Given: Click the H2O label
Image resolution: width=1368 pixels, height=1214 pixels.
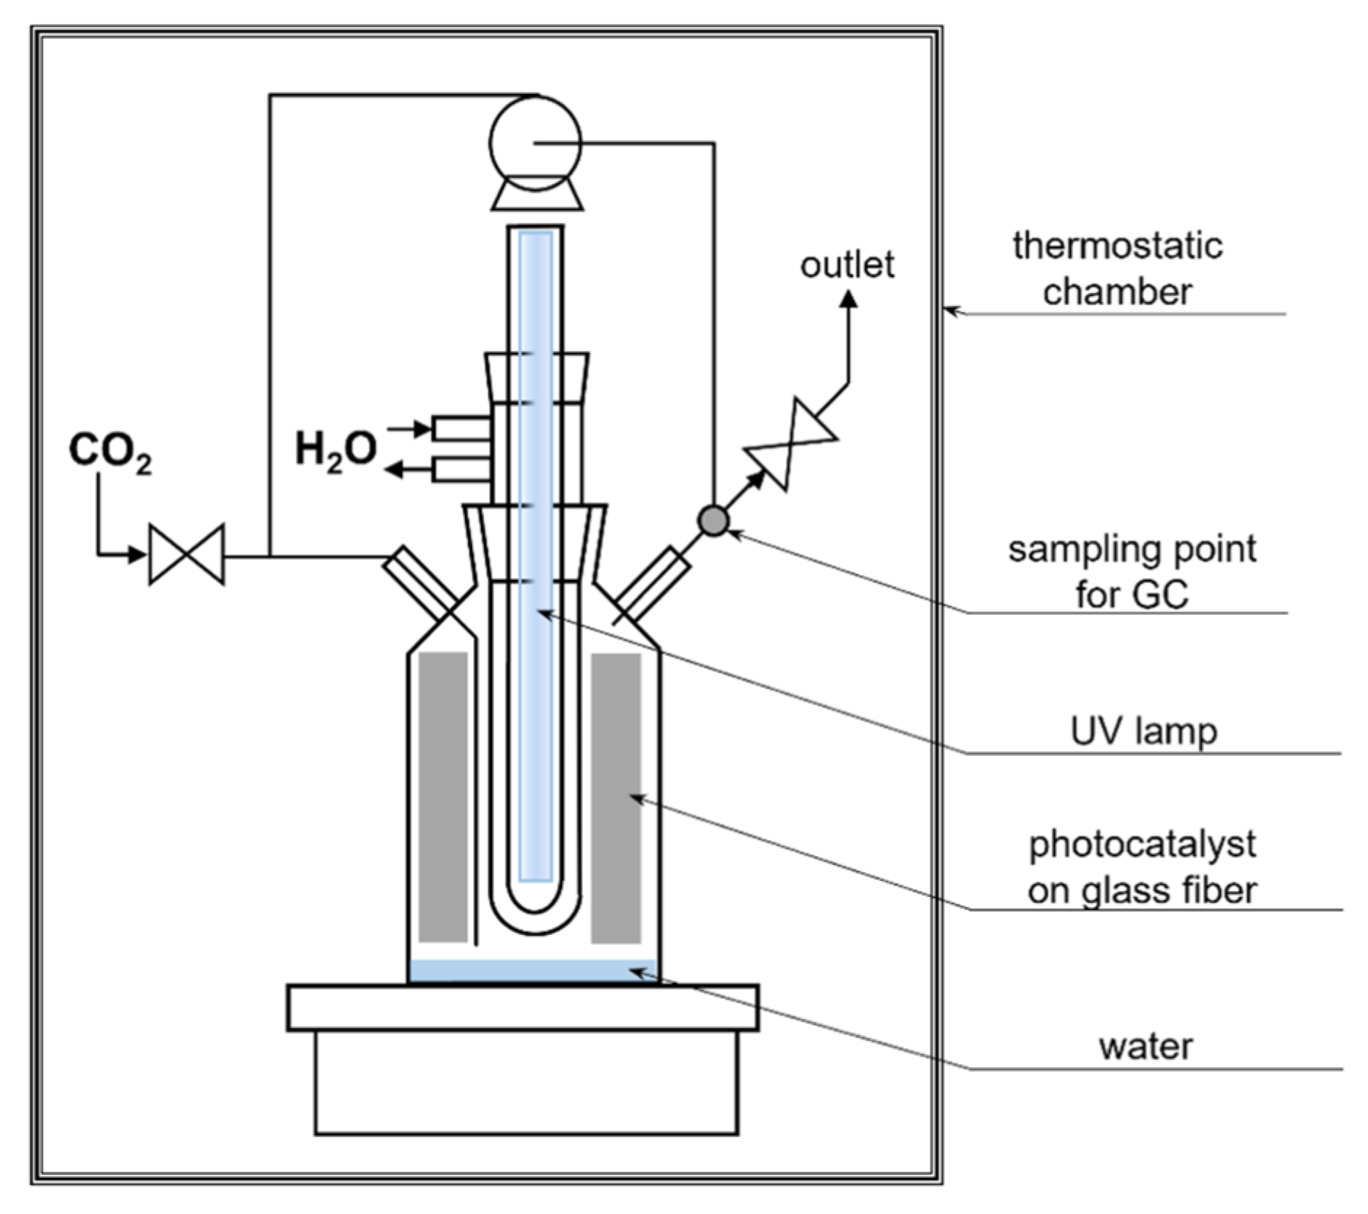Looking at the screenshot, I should (x=335, y=449).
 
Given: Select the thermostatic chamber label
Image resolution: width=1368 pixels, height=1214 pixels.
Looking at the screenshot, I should (x=1116, y=269).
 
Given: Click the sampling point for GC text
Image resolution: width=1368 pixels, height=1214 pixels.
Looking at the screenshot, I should (x=1131, y=571).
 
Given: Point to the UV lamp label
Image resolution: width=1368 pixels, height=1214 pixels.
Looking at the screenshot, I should (x=1143, y=731).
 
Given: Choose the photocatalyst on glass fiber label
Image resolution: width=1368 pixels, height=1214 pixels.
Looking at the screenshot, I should (x=1141, y=867).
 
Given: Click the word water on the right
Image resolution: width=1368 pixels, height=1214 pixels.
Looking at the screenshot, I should (x=1146, y=1047).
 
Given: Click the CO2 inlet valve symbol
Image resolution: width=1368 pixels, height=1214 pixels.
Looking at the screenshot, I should (x=187, y=555).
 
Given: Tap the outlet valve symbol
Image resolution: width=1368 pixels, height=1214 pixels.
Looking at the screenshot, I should (x=791, y=445).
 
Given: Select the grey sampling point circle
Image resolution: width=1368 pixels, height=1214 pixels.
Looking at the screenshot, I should (x=713, y=520).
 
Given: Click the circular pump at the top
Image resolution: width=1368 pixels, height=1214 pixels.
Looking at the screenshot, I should (x=535, y=143).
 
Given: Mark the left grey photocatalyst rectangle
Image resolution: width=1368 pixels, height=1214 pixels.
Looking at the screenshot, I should (x=443, y=796).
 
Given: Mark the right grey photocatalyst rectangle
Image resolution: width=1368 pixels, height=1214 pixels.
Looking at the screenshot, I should (x=616, y=797).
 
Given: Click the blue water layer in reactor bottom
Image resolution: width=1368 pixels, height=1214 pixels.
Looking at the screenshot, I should (x=533, y=970).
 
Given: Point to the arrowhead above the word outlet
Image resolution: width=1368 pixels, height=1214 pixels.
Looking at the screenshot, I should (x=848, y=299).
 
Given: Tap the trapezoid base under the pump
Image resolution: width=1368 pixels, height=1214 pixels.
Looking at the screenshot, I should (x=536, y=196).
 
